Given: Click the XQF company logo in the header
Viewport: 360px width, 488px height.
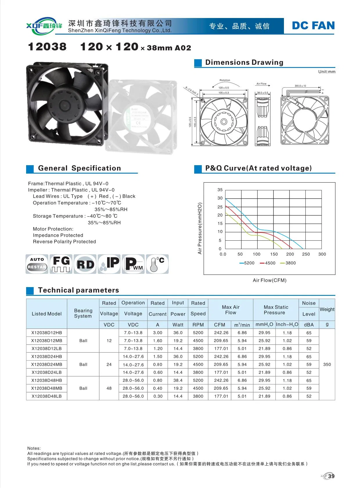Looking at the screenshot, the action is (x=44, y=26).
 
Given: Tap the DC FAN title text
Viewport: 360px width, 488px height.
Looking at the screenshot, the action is (x=313, y=26).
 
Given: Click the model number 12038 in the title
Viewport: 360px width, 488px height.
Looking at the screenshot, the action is (x=47, y=47).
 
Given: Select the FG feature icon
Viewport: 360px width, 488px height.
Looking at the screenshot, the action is (x=61, y=264).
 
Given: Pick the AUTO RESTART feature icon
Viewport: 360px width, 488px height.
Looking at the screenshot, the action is (x=37, y=264).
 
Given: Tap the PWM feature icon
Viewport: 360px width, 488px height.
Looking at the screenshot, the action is (x=133, y=264).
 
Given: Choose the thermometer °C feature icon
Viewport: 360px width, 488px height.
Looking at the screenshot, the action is (x=157, y=264).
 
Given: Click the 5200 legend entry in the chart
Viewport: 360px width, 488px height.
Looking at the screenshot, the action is (x=247, y=263).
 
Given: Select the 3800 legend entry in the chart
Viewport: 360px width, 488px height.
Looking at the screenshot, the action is (x=288, y=263).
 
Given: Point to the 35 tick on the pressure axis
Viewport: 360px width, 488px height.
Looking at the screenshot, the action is (x=220, y=190).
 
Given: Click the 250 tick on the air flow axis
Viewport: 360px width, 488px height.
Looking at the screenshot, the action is (x=306, y=254).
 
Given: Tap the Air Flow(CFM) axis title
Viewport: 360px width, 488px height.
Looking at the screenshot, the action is (x=269, y=280).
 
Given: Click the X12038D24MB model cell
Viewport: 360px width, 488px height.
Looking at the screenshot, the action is (x=47, y=364).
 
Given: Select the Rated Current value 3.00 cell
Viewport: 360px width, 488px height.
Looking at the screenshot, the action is (x=158, y=333).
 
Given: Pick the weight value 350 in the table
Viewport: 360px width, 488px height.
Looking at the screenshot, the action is (x=327, y=364).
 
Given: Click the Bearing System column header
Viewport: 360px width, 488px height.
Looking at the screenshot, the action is (x=83, y=313).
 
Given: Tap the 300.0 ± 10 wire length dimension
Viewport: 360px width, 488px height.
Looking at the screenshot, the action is (x=300, y=86).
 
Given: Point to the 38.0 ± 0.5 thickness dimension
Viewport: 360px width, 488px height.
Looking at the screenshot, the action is (x=262, y=93).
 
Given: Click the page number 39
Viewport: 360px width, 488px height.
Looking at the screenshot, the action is (x=331, y=476).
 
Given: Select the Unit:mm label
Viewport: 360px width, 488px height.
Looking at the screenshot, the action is (x=327, y=72).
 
